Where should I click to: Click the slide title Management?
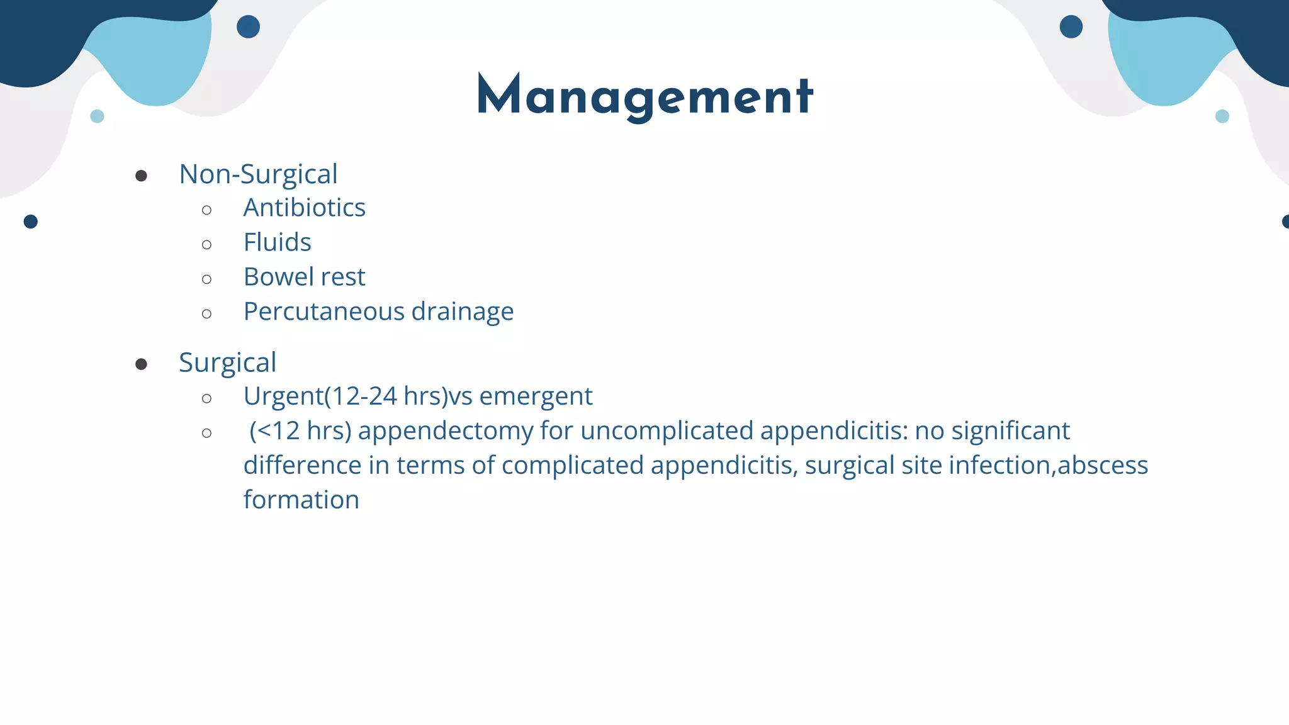click(x=645, y=96)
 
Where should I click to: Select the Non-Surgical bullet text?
click(x=258, y=174)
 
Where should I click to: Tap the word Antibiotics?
click(x=304, y=208)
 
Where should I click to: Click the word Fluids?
click(x=277, y=242)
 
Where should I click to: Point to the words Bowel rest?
click(x=304, y=277)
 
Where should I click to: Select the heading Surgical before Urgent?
click(x=227, y=363)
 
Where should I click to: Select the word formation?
click(x=301, y=500)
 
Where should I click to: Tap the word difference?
click(x=302, y=466)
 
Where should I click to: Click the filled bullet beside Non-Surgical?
click(x=141, y=176)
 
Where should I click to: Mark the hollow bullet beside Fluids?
click(x=207, y=244)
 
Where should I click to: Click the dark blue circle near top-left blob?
click(x=248, y=27)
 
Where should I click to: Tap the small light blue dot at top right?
click(x=1222, y=116)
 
